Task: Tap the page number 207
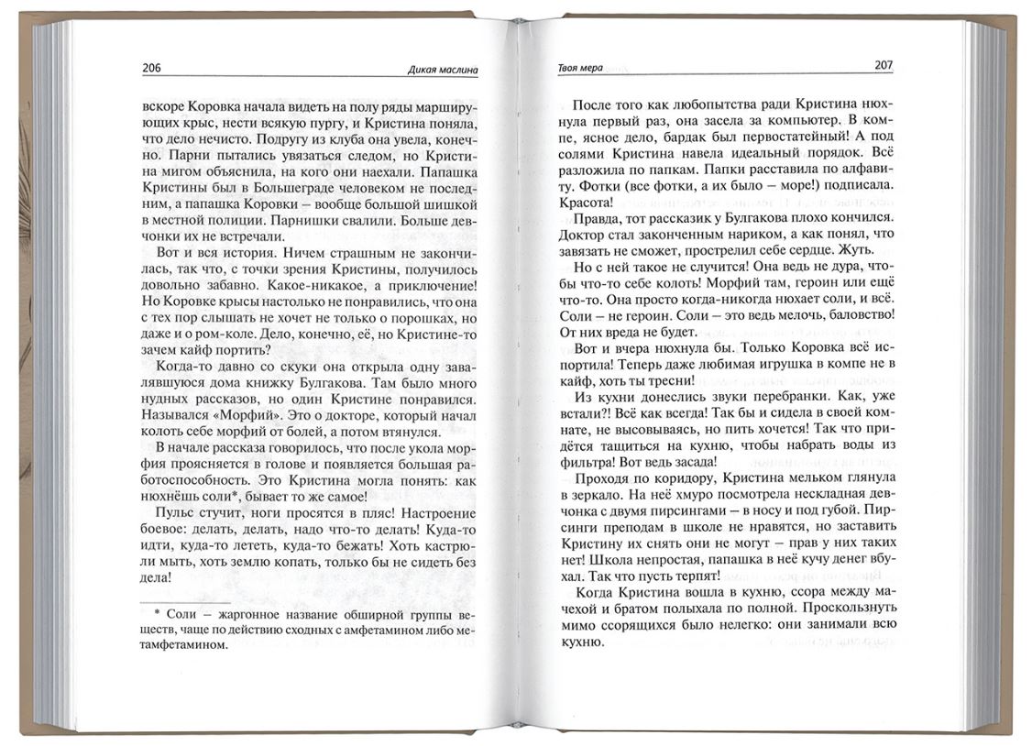(x=884, y=66)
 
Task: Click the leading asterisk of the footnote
(x=157, y=609)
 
